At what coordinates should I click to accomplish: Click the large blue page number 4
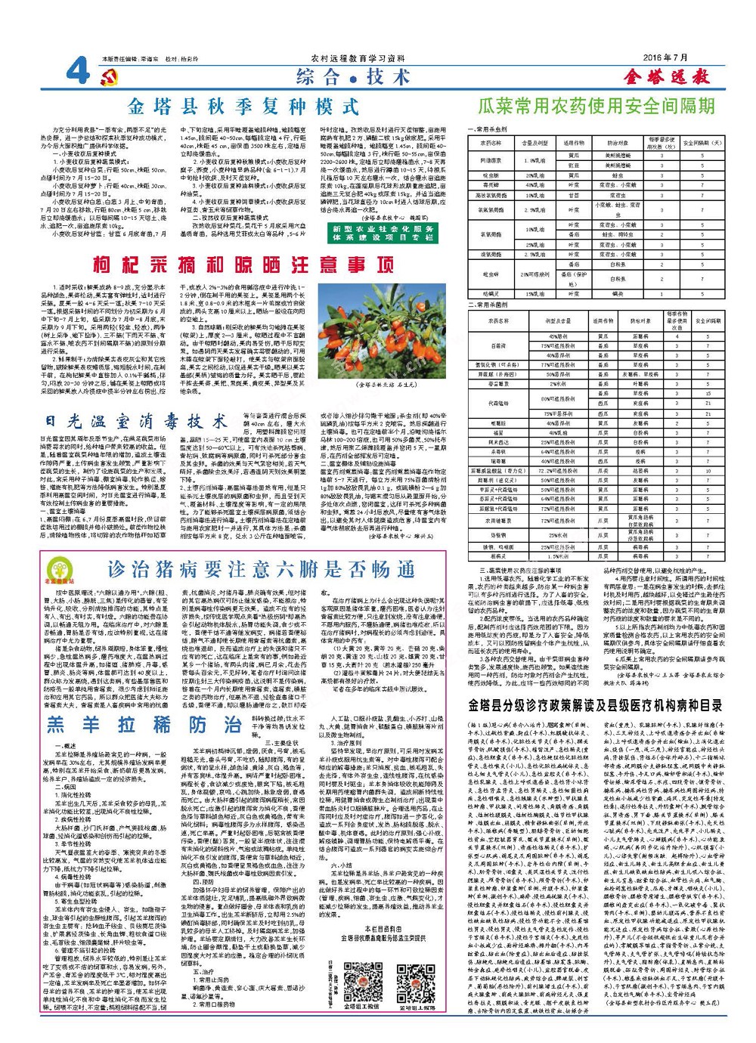coord(77,74)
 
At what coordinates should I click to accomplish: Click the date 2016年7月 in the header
coord(666,58)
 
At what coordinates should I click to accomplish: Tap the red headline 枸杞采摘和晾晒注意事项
coord(243,265)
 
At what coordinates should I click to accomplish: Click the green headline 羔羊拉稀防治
coord(144,724)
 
